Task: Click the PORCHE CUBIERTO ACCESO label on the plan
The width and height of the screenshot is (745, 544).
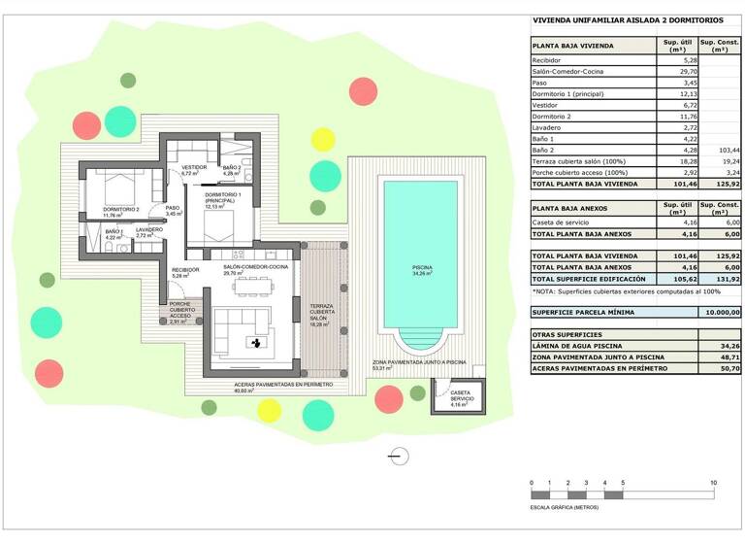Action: [x=181, y=312]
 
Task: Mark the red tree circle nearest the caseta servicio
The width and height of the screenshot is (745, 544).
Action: [x=388, y=398]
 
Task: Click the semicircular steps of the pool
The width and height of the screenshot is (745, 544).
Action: [x=420, y=343]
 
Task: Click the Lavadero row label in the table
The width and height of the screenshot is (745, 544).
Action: [x=548, y=127]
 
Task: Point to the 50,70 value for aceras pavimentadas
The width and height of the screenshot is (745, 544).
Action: [x=720, y=368]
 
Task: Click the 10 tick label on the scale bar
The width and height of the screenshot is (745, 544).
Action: [x=713, y=483]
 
